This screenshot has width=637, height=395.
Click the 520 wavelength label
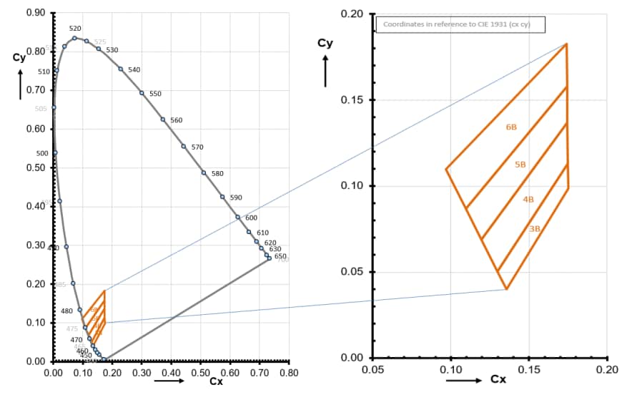pyautogui.click(x=75, y=28)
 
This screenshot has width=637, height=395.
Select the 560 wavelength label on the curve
pyautogui.click(x=177, y=120)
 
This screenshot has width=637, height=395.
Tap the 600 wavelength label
pyautogui.click(x=251, y=218)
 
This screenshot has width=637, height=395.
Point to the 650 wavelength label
pyautogui.click(x=280, y=256)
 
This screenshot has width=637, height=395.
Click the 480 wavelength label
pyautogui.click(x=66, y=311)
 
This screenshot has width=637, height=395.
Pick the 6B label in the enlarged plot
pyautogui.click(x=511, y=127)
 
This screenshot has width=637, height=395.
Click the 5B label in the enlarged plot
pyautogui.click(x=520, y=165)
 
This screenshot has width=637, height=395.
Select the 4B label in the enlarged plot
pyautogui.click(x=528, y=199)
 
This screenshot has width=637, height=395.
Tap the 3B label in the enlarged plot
pyautogui.click(x=535, y=228)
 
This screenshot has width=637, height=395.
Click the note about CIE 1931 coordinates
pyautogui.click(x=460, y=24)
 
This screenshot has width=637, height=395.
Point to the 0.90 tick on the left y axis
pyautogui.click(x=35, y=13)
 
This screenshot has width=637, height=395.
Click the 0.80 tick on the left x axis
pyautogui.click(x=288, y=373)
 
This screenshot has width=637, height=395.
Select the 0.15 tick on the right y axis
pyautogui.click(x=354, y=100)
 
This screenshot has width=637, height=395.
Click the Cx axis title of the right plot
pyautogui.click(x=499, y=379)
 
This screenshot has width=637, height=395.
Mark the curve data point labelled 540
pyautogui.click(x=121, y=69)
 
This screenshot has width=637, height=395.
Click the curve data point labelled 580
pyautogui.click(x=204, y=172)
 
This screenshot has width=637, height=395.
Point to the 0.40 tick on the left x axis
pyautogui.click(x=171, y=373)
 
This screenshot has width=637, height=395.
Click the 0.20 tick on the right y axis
pyautogui.click(x=354, y=14)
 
